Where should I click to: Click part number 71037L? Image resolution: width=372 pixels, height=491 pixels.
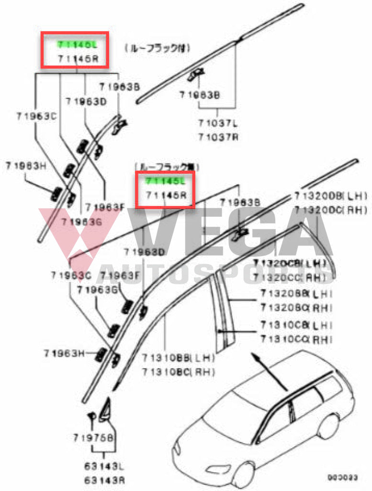tap(218, 123)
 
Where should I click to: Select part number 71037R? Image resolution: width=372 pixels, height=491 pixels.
tap(218, 137)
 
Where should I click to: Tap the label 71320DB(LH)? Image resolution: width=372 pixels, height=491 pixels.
tap(330, 196)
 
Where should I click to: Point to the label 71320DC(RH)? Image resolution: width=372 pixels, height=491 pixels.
tap(330, 210)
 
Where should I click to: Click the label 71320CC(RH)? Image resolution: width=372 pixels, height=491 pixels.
tap(293, 277)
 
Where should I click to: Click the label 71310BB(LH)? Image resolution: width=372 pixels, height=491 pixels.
tap(178, 357)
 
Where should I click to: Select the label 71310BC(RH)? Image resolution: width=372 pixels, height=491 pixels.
tap(178, 371)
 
